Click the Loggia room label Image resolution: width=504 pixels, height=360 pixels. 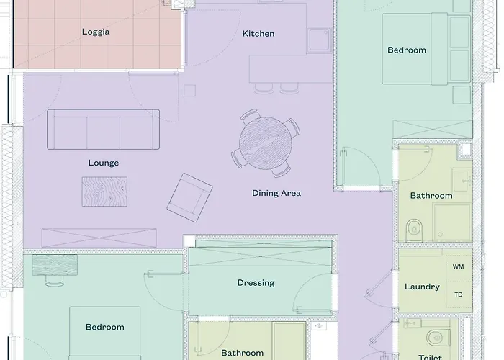96,32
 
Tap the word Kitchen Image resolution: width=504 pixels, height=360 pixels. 258,34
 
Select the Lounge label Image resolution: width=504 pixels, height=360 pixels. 104,163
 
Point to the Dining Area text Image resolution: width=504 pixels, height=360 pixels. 276,193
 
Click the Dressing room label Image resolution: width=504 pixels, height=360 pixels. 256,283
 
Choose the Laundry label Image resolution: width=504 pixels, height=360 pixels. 422,287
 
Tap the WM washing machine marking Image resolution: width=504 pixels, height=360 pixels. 458,266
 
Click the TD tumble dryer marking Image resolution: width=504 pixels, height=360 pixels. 458,294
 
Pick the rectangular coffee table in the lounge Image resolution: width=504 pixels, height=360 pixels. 104,192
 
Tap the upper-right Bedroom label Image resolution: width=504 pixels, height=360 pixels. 407,50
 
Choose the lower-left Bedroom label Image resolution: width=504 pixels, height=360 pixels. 105,327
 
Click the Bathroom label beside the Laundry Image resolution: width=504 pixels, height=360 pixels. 431,196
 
